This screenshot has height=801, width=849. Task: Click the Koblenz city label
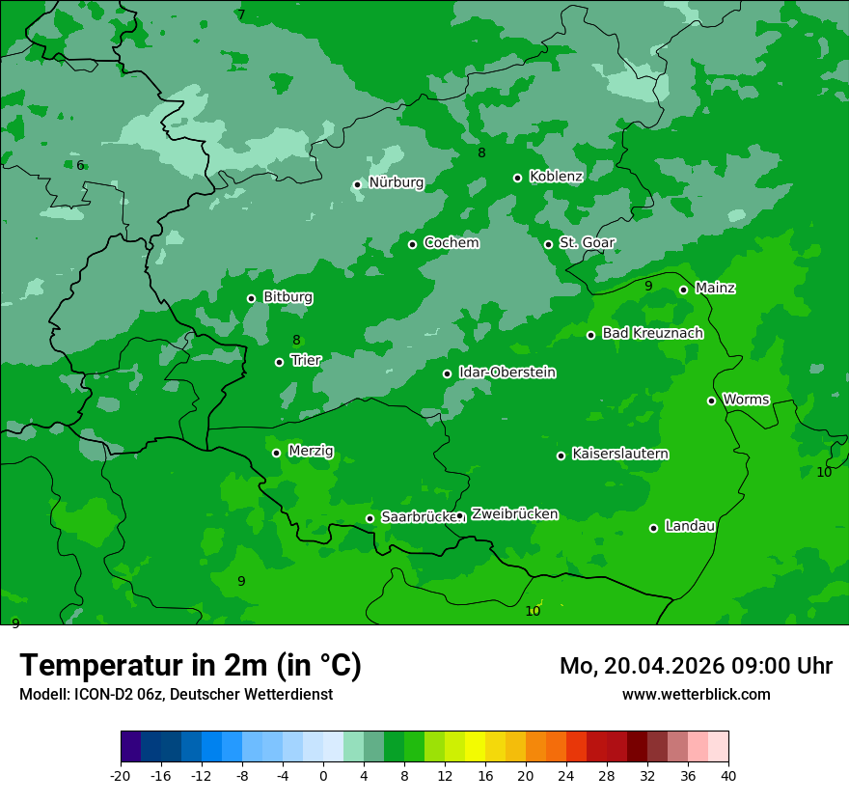coord(556,177)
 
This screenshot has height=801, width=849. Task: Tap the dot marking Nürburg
coord(357,184)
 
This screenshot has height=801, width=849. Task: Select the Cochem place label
coord(451,243)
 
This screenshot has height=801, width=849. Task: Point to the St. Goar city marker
coord(548,244)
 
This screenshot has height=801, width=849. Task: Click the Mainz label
coord(715,288)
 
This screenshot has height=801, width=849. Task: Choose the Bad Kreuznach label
coord(652,333)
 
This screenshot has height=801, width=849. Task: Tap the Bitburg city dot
coord(251,298)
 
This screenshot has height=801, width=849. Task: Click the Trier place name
coord(306,360)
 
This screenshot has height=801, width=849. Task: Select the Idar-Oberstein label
coord(507,373)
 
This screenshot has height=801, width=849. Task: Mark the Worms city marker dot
coord(711,400)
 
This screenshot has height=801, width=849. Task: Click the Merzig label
coord(311,451)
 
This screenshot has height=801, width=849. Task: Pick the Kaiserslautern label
coord(620,454)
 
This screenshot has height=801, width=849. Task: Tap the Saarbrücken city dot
coord(370,518)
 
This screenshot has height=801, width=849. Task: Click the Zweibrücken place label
coord(514,514)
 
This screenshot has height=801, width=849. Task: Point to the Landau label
coord(690,526)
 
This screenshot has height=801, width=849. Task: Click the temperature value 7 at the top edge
coord(241,14)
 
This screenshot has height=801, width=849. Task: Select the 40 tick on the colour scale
coord(728,775)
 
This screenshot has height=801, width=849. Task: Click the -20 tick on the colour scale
coord(121,775)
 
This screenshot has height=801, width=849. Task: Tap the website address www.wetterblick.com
coord(696,694)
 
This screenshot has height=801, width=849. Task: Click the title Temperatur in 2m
coord(190,665)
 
